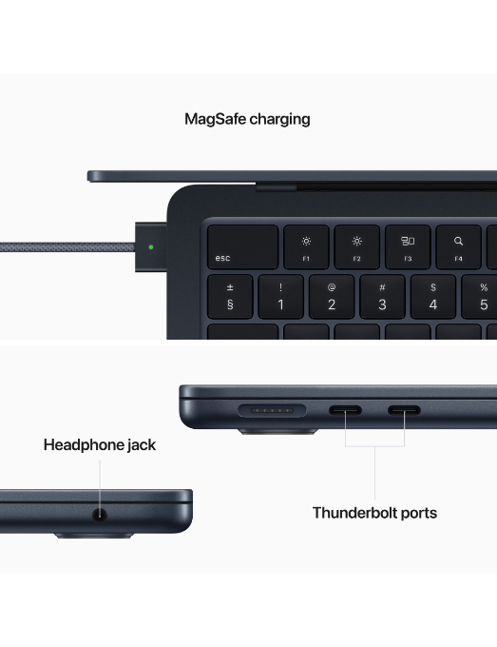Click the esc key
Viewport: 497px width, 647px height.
pos(242,247)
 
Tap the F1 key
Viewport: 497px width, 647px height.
pos(306,247)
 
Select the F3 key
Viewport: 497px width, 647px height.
pos(408,247)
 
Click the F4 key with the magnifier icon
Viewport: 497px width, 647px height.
pos(458,247)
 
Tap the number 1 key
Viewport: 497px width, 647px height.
pos(280,297)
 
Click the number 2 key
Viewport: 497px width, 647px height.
pos(332,297)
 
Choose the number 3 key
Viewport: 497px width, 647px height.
pos(382,297)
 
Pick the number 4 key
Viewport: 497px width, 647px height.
pos(432,297)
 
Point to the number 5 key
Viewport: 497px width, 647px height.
pos(480,297)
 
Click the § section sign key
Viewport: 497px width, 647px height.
pos(230,297)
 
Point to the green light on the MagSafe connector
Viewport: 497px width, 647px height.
pos(151,247)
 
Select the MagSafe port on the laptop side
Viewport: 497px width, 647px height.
pos(272,411)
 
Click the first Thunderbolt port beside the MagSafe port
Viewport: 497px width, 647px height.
pos(345,410)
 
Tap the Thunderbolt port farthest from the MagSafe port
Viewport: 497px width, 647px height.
pos(404,410)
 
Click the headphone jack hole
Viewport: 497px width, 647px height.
pos(100,515)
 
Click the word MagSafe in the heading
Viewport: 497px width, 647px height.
pos(215,119)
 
